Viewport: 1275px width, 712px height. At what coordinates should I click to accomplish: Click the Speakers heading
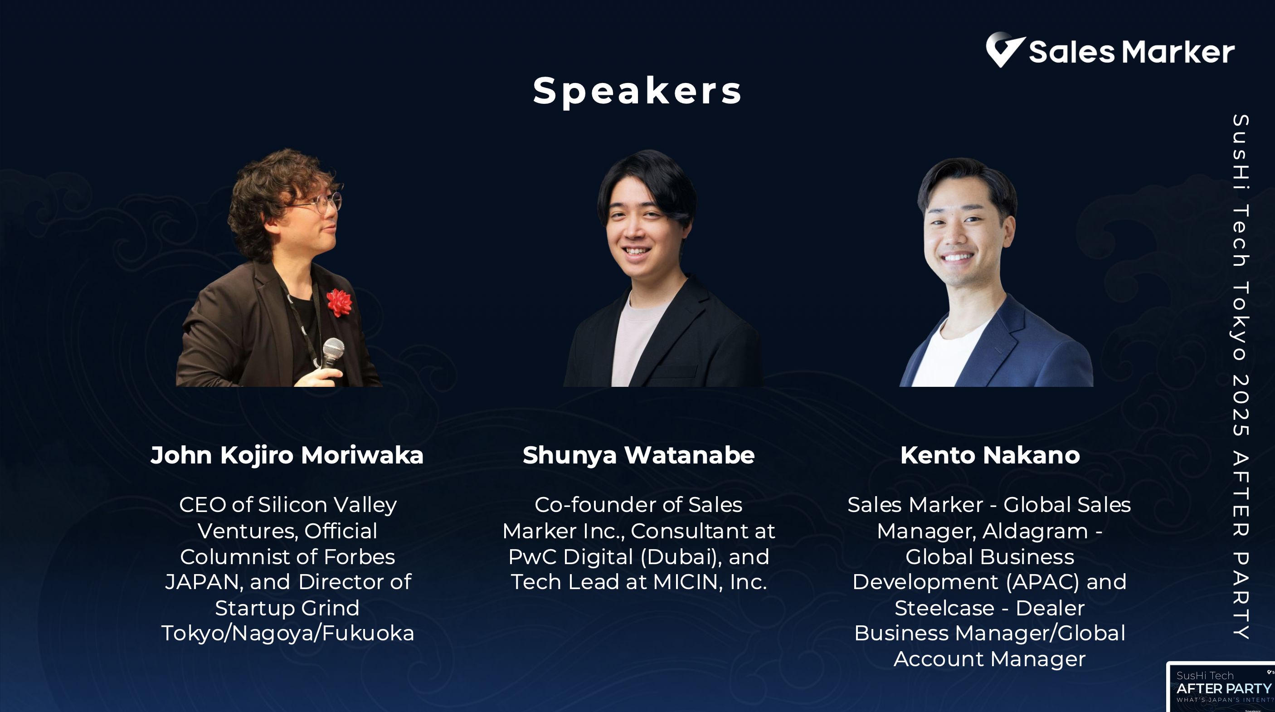[x=637, y=91]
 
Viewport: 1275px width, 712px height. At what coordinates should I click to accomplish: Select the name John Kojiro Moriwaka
[x=287, y=455]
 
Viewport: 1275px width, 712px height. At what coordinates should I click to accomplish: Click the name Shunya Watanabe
[x=638, y=455]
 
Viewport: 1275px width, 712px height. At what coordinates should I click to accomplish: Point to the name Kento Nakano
[x=990, y=455]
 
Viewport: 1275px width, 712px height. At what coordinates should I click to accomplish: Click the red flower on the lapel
[x=340, y=302]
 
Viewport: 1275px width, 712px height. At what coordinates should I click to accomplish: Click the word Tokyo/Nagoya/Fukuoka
[x=287, y=634]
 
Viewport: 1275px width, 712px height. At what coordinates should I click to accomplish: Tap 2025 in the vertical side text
[x=1241, y=405]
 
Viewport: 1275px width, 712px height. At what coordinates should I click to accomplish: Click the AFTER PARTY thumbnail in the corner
[x=1221, y=687]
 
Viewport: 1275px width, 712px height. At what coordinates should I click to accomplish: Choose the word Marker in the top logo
[x=1178, y=52]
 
